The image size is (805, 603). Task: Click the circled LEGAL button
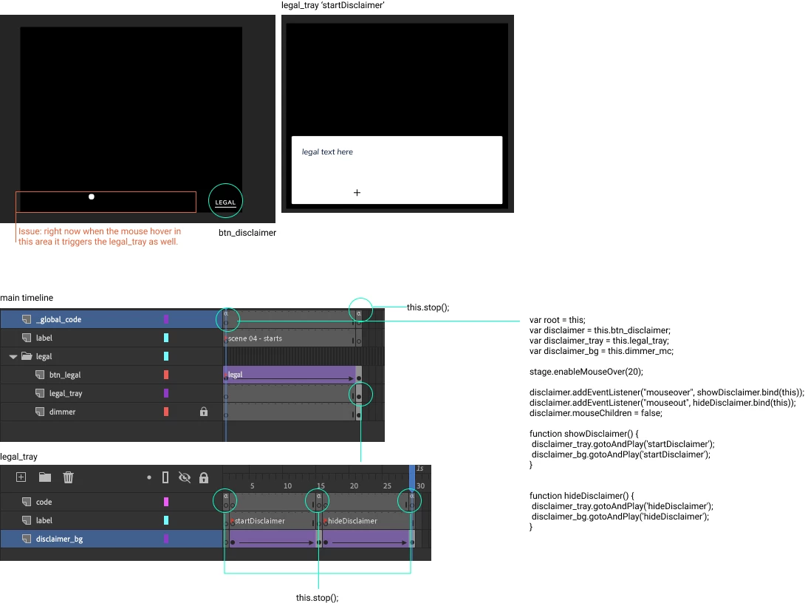[x=225, y=201]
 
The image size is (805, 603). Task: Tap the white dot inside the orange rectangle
[x=92, y=197]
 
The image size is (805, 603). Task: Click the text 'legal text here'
[x=327, y=152]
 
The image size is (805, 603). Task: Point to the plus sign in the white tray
[x=357, y=193]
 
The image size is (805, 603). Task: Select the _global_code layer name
[x=58, y=319]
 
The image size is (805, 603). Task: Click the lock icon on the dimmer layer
[x=204, y=412]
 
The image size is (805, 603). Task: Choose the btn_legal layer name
[x=65, y=375]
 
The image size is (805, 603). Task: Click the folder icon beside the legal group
[x=27, y=356]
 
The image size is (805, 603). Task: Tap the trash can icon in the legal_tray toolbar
[x=68, y=477]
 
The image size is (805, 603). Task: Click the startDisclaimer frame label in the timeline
[x=259, y=521]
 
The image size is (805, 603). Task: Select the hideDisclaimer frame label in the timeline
[x=352, y=521]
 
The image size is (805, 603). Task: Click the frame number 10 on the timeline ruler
[x=287, y=486]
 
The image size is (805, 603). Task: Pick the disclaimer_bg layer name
[x=59, y=539]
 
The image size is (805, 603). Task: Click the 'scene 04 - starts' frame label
[x=255, y=338]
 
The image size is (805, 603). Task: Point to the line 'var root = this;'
[x=557, y=320]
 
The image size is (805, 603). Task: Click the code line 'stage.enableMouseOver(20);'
[x=586, y=372]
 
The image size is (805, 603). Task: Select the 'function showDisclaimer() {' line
[x=583, y=434]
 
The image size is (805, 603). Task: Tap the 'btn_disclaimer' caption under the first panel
[x=247, y=233]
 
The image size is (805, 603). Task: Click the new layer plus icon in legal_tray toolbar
[x=21, y=477]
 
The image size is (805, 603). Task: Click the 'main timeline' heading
[x=27, y=298]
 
